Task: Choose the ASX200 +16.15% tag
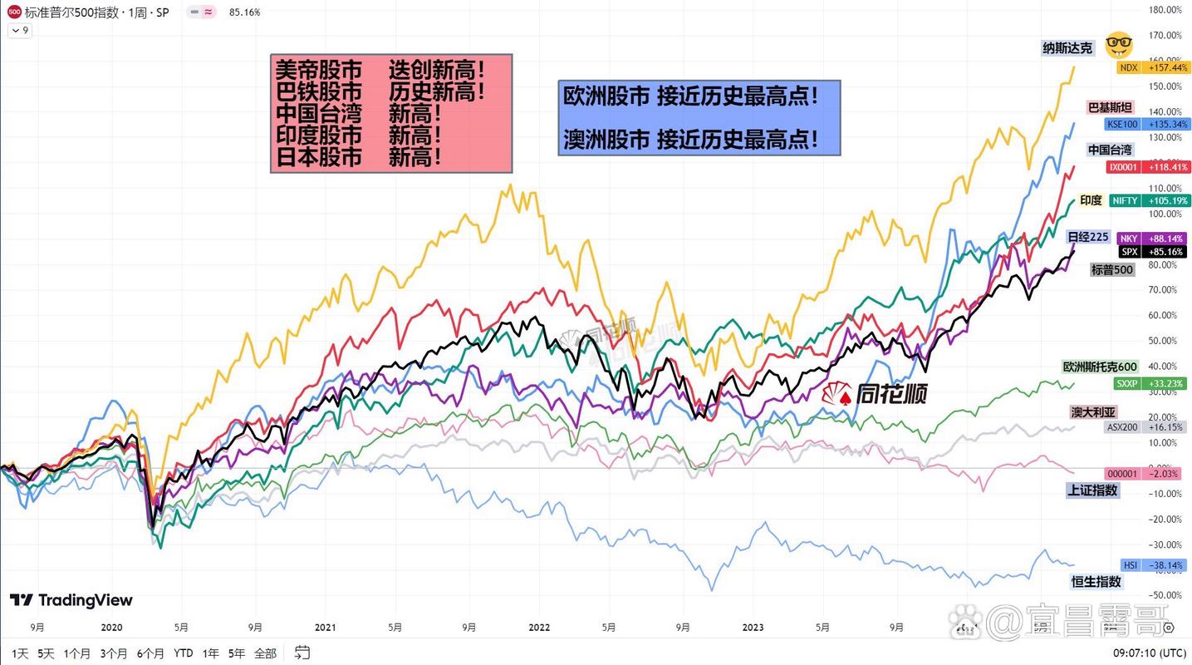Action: [x=1146, y=426]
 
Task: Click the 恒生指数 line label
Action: [x=1096, y=582]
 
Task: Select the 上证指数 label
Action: [x=1093, y=490]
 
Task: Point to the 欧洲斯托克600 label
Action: [x=1100, y=367]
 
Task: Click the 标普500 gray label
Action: [x=1112, y=269]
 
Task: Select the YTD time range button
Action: [x=184, y=653]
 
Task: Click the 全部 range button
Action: [x=265, y=653]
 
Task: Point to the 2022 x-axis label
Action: [x=539, y=628]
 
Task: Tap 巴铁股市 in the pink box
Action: [x=319, y=91]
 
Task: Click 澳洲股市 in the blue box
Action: [x=606, y=139]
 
